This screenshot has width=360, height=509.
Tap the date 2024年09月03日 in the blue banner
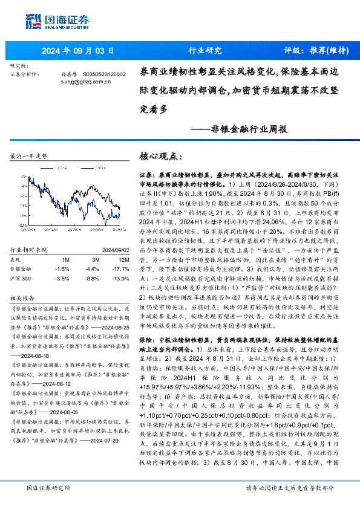pos(78,51)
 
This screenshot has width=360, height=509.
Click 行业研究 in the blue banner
pos(205,51)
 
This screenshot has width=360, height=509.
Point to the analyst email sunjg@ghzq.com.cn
pos(85,80)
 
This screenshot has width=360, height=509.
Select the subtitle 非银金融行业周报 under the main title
pos(249,128)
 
